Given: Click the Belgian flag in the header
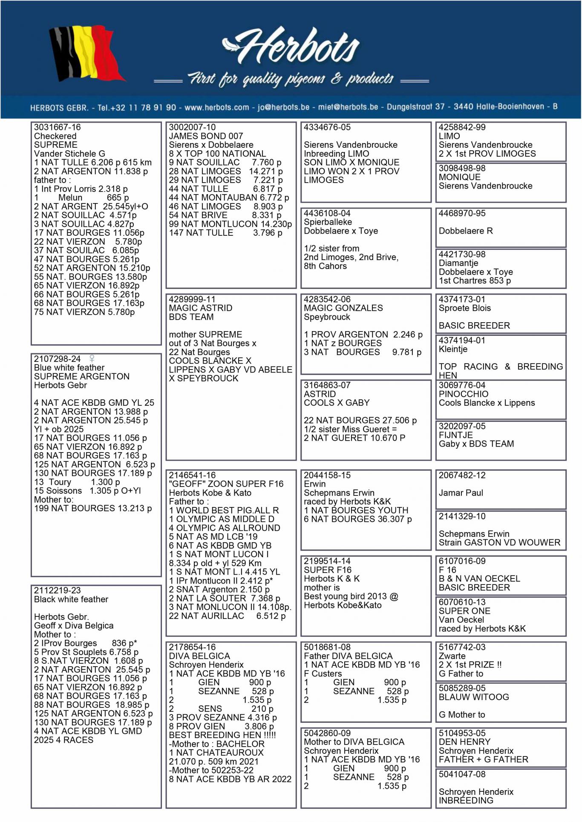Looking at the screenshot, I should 85,53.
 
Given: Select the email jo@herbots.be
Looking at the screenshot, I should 283,107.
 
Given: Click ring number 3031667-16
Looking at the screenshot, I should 58,127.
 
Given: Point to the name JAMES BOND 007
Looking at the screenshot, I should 206,136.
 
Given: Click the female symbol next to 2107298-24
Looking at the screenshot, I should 92,358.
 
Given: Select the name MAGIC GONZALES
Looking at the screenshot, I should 343,308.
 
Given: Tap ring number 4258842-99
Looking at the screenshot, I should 462,127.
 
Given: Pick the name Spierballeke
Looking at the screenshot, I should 328,222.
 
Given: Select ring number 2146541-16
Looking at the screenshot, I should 192,475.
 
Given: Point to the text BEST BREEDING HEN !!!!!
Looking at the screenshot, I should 222,735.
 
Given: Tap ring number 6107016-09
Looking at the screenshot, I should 462,561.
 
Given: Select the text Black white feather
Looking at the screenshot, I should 71,599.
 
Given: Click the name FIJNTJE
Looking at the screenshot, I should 455,435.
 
